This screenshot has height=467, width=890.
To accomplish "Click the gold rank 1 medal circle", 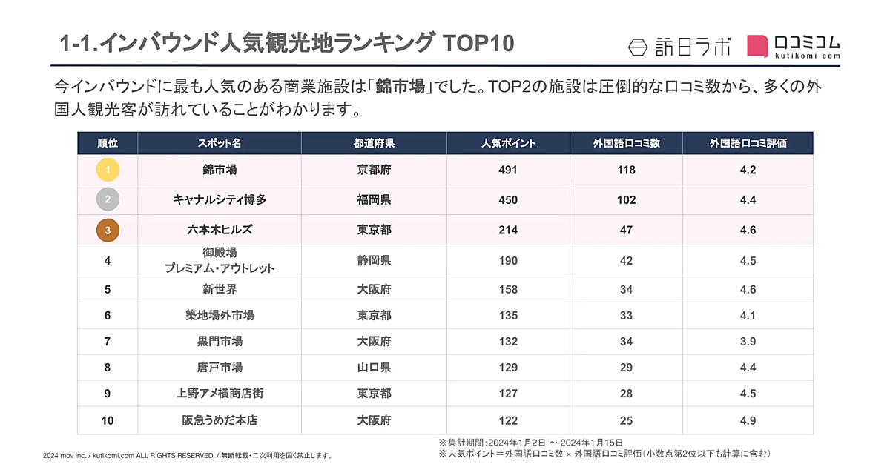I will coord(108,170).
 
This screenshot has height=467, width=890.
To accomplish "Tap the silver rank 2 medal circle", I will coord(108,199).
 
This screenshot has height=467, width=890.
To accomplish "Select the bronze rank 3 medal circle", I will coord(108,230).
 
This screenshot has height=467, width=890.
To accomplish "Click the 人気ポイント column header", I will coord(508,143).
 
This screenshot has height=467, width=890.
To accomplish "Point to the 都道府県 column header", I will coord(374,143).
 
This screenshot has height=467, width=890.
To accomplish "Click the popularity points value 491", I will coord(508,170).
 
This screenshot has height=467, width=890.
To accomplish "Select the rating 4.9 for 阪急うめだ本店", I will coord(748,420).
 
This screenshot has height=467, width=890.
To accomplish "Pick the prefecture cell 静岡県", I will coord(374,260).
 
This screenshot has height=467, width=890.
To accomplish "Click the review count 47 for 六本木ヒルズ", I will coord(626,230).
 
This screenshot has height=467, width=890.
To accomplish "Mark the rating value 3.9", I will coord(748,342).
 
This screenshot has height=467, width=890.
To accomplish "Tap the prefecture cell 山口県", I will coord(374,367).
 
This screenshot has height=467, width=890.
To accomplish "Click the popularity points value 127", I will coord(508,394).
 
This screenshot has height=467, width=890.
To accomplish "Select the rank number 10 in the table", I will coord(108,420).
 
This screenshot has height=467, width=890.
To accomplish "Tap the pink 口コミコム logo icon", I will coord(757,46).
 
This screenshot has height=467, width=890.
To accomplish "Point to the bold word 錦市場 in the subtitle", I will coord(400,87).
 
